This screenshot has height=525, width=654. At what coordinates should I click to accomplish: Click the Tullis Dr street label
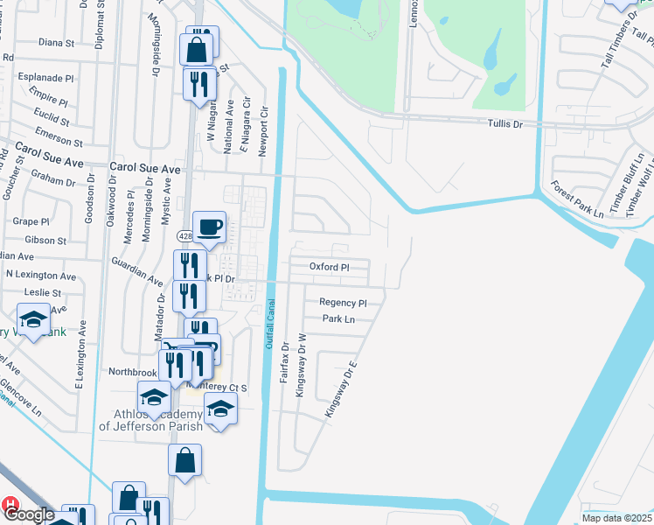point(505,125)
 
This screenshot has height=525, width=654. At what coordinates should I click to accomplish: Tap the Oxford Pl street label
point(330,267)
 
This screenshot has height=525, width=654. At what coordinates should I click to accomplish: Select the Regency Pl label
point(343,303)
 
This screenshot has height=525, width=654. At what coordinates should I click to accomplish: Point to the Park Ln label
point(338,319)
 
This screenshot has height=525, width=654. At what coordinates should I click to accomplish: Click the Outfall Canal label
point(270,325)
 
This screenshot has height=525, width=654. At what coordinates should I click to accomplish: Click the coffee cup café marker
point(210,228)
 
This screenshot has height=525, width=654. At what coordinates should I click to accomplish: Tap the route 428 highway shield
point(184,236)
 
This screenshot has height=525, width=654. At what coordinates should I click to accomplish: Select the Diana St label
point(56,42)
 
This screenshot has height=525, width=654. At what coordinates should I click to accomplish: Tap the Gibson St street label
point(45,240)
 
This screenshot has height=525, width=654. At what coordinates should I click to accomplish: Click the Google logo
point(27,514)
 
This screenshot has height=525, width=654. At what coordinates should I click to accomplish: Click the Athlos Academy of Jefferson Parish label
point(150,420)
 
